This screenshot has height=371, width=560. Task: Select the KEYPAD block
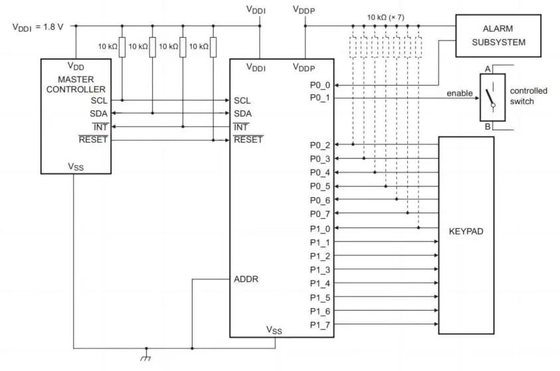point(466,233)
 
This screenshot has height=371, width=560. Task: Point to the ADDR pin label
point(246,279)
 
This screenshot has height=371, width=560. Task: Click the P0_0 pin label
point(320,86)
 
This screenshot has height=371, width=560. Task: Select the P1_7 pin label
point(320,324)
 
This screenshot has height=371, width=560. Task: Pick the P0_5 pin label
point(320,186)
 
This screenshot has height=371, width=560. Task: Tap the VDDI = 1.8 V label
point(39,27)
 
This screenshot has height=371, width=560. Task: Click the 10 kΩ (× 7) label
point(388,17)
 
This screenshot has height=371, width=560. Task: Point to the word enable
point(460,93)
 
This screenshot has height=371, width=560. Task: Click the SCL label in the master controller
point(98,100)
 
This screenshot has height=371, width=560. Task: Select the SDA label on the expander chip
point(243,113)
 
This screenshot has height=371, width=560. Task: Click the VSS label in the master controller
point(76,167)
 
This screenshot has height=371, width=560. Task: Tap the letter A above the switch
point(488,69)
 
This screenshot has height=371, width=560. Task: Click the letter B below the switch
point(488,126)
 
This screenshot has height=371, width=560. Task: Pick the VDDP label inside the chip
point(305,67)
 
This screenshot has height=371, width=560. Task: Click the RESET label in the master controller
point(93,140)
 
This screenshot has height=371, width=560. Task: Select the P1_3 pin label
point(320,269)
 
